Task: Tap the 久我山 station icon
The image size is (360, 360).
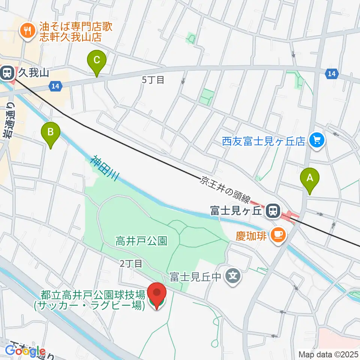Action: (x=7, y=72)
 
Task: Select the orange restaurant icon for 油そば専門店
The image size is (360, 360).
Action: (x=27, y=30)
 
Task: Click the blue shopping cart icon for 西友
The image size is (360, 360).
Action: (x=317, y=141)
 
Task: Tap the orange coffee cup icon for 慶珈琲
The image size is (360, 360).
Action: (x=278, y=235)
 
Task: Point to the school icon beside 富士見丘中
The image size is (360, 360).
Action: (x=232, y=277)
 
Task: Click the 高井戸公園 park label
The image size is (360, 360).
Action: (x=141, y=241)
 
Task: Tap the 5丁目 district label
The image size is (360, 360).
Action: (x=153, y=80)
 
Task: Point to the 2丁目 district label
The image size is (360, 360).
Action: (x=131, y=264)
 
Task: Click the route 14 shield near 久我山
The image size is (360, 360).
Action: (x=55, y=86)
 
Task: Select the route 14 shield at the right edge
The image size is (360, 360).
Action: (x=331, y=74)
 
